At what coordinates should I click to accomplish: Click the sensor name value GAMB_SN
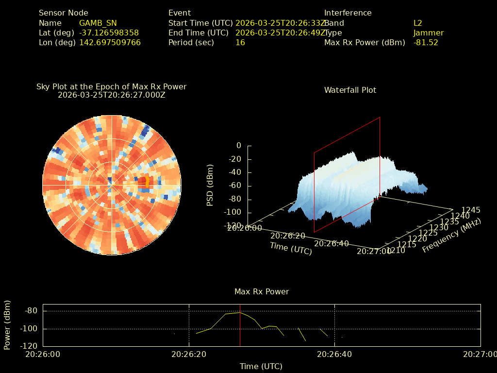point(98,23)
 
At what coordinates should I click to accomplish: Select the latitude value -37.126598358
point(109,33)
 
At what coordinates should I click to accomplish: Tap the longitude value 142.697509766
point(110,42)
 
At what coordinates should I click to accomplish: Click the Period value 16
point(240,42)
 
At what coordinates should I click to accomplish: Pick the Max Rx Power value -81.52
point(426,42)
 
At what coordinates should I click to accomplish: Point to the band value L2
point(418,23)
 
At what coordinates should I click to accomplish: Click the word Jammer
point(429,33)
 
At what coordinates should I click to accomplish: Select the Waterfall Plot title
point(350,90)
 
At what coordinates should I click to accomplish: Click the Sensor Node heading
point(64,13)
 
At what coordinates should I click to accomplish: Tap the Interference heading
point(348,13)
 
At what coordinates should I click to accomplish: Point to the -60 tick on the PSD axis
point(234,186)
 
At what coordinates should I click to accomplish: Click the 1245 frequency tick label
point(471,210)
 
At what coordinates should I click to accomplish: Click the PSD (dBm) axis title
point(210,185)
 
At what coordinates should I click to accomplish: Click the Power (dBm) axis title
point(7,325)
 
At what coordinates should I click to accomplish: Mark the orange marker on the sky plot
point(147,182)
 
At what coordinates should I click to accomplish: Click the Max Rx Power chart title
point(262,291)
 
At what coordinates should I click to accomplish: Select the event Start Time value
point(281,23)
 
